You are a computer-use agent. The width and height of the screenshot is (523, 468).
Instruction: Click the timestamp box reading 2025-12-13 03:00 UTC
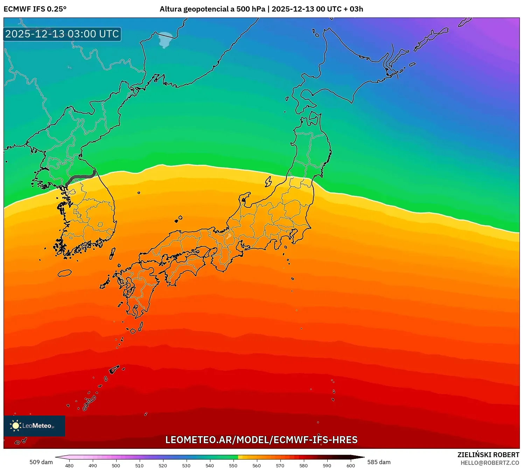pos(62,34)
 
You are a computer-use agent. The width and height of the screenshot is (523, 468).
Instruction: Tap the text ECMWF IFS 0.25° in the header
pos(35,9)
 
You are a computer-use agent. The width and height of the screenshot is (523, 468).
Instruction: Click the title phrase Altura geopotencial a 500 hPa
pos(212,9)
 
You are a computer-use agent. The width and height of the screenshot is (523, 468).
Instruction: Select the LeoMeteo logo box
pos(34,426)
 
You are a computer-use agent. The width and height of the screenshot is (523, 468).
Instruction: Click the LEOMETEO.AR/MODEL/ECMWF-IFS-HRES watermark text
pos(261,440)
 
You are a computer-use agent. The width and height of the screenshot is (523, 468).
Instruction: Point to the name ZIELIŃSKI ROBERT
pos(488,455)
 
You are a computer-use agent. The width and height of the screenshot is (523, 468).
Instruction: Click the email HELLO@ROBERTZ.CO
pos(489,463)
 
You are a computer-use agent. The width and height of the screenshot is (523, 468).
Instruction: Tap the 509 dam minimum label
pos(41,462)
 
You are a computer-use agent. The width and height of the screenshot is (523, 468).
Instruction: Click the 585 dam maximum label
pos(379,462)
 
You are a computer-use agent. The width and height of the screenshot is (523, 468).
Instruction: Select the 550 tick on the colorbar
pos(233,465)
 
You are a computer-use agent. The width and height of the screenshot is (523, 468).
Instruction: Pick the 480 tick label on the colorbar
pos(69,465)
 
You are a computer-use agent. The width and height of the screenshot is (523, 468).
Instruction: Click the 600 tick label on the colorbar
pos(350,465)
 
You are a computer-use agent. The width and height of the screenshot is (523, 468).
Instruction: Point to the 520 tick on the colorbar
pos(163,465)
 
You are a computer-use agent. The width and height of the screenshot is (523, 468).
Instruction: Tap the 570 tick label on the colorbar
pos(280,465)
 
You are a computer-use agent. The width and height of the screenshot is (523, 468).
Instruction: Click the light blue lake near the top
pos(166,40)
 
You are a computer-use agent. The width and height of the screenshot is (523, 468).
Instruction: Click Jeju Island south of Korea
pos(64,273)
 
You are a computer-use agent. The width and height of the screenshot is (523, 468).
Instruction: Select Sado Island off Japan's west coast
pos(269,182)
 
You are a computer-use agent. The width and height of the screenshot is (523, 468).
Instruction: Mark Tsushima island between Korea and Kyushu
pos(112,253)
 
